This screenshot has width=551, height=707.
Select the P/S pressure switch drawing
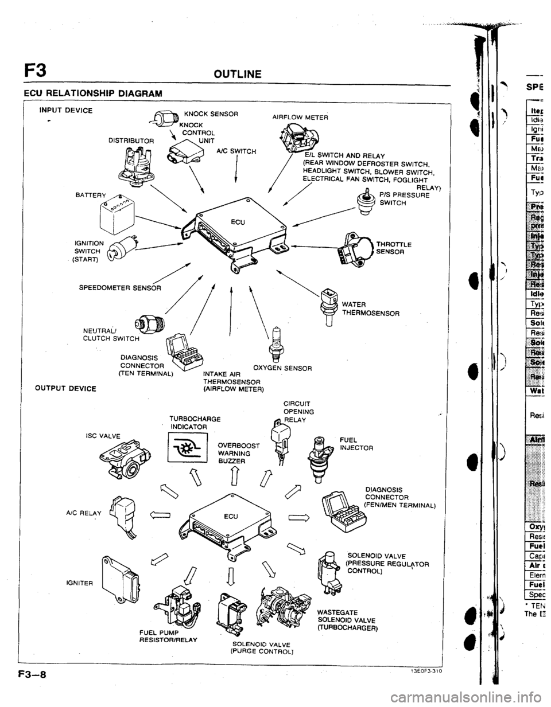point(362,202)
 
